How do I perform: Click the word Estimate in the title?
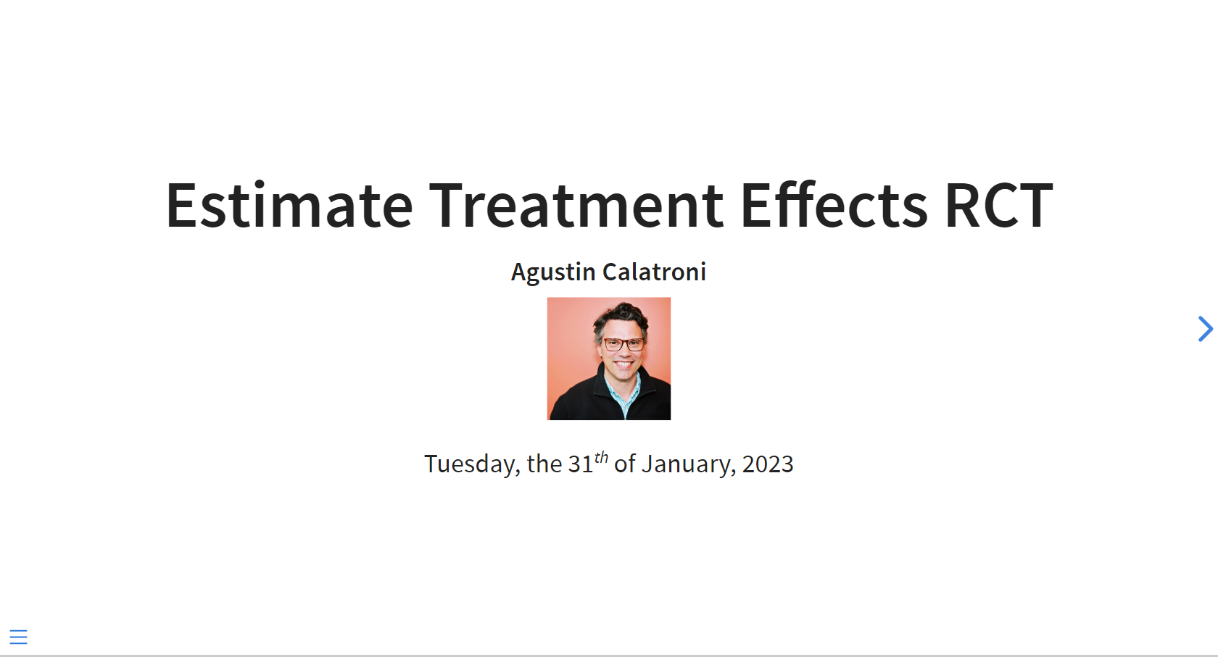click(289, 205)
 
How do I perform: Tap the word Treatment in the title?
click(576, 205)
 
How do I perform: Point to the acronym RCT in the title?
click(999, 206)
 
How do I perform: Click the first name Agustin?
click(553, 272)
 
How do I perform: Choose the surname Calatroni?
click(654, 272)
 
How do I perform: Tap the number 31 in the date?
click(581, 464)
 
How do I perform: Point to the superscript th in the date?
click(601, 458)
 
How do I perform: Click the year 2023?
click(768, 464)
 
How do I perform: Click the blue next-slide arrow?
click(1206, 329)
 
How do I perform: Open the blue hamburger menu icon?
click(19, 637)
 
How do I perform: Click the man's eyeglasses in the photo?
click(623, 344)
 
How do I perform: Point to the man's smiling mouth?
click(623, 364)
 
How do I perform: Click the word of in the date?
click(625, 464)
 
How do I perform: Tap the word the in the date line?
click(544, 464)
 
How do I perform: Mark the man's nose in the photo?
click(623, 352)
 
